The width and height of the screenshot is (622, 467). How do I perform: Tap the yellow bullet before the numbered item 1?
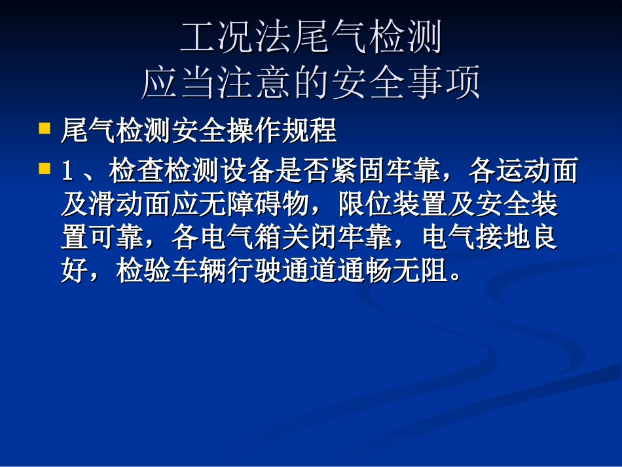[x=45, y=168]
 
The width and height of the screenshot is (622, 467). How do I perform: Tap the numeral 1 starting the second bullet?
[x=66, y=172]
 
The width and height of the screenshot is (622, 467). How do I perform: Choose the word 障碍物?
[x=269, y=204]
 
